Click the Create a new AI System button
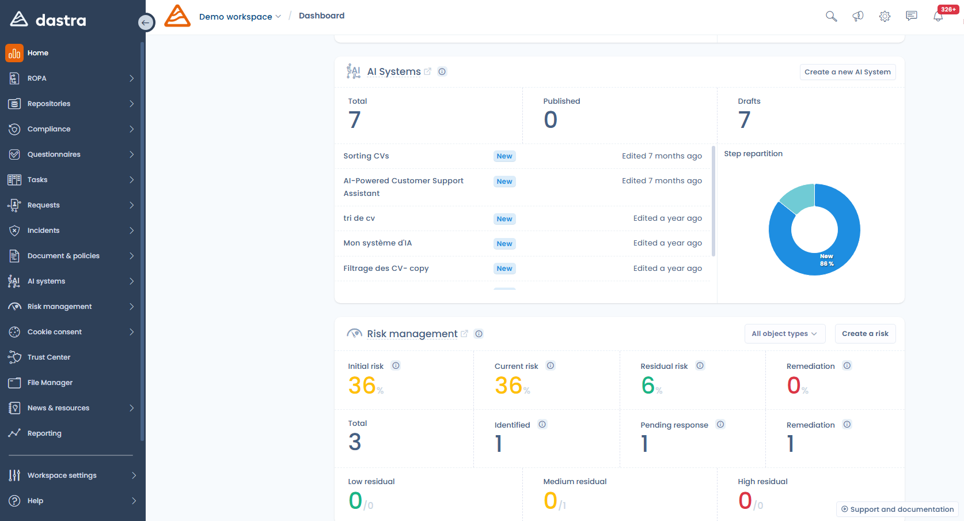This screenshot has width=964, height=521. point(847,72)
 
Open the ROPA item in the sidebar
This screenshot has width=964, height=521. point(37,78)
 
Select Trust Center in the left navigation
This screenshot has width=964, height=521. point(49,357)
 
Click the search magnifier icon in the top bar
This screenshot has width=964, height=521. point(831,16)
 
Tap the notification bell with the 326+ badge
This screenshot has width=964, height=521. point(938,16)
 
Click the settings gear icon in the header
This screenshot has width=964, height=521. point(885,16)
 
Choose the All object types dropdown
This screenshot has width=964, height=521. point(784,334)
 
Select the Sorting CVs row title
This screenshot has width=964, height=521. point(366,156)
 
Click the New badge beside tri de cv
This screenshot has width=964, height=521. point(504,219)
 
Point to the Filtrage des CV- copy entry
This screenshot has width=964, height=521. point(386,269)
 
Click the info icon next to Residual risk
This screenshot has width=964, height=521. point(700,366)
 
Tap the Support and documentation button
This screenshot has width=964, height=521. point(897,509)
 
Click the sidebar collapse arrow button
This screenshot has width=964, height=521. point(146,22)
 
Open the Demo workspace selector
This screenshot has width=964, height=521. point(240,17)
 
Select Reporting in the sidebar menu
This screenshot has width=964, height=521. point(44,433)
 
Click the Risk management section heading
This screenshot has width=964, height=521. point(412,334)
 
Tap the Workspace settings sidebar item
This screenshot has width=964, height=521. point(62,475)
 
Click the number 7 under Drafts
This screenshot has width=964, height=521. point(744,120)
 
